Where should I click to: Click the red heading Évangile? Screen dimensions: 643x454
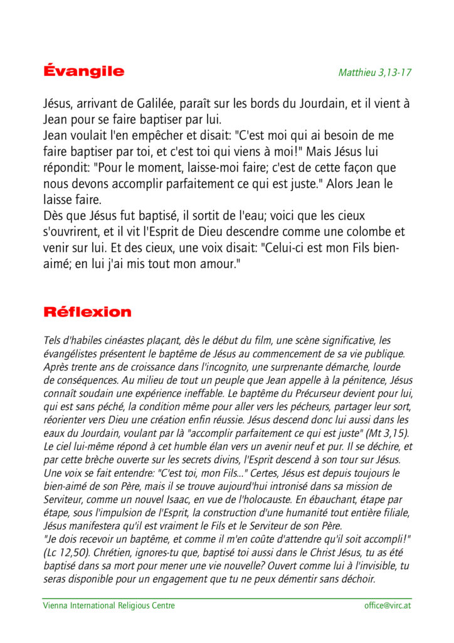(x=83, y=71)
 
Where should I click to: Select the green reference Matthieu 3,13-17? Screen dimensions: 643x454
(x=374, y=72)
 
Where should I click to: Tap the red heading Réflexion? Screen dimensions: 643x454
(x=87, y=312)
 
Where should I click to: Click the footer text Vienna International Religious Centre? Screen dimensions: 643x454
(x=109, y=606)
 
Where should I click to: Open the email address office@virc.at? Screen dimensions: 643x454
(x=388, y=606)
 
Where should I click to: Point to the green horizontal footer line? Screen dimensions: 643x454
(x=227, y=598)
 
